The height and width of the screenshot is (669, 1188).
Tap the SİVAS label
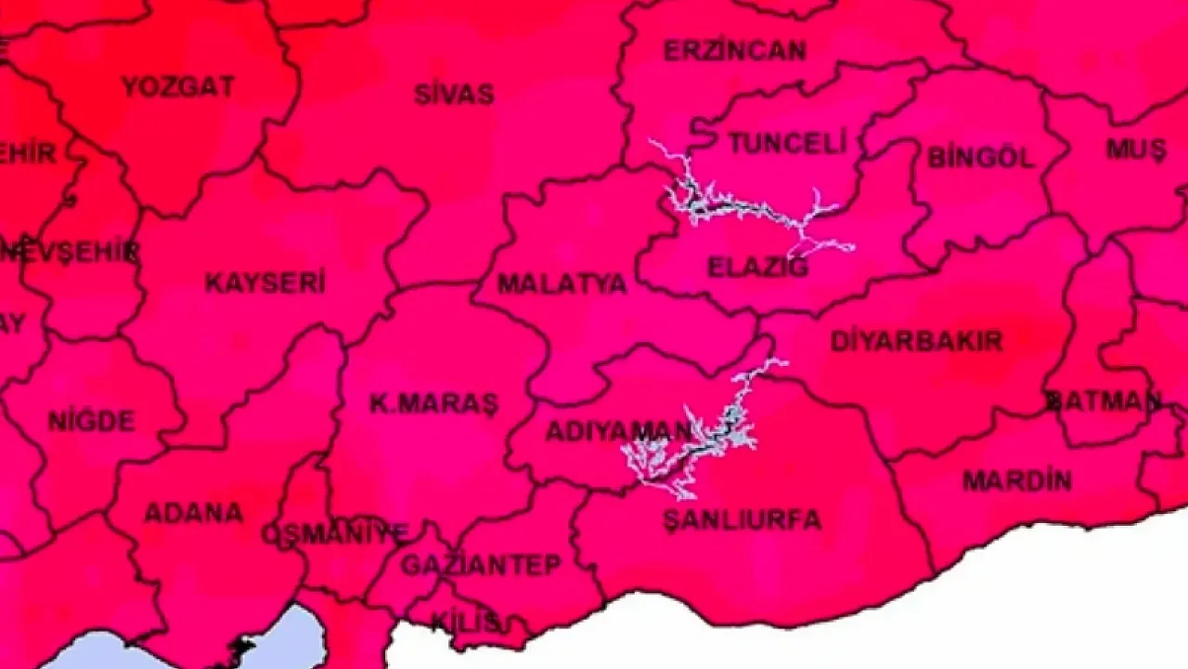[x=454, y=94]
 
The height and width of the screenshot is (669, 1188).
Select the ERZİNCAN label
[x=734, y=50]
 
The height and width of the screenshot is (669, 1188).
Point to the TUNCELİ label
[x=787, y=143]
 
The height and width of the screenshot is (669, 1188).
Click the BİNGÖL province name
[x=981, y=157]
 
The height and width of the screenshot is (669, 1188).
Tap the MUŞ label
[x=1136, y=149]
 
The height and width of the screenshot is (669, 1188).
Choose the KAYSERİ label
[x=265, y=283]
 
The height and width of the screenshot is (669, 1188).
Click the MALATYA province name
[x=562, y=283]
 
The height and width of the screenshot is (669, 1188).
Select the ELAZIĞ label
[x=758, y=268]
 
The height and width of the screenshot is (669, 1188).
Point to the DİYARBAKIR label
[x=916, y=341]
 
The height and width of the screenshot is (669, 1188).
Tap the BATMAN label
[x=1104, y=401]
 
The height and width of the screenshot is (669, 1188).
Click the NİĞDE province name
[x=91, y=421]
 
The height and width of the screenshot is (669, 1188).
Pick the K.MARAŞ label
[x=433, y=403]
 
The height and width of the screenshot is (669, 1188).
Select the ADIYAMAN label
[x=618, y=431]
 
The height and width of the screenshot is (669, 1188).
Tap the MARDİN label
[x=1017, y=481]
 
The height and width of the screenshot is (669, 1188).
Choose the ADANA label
[x=193, y=512]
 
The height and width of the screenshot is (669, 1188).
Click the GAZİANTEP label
[x=481, y=564]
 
